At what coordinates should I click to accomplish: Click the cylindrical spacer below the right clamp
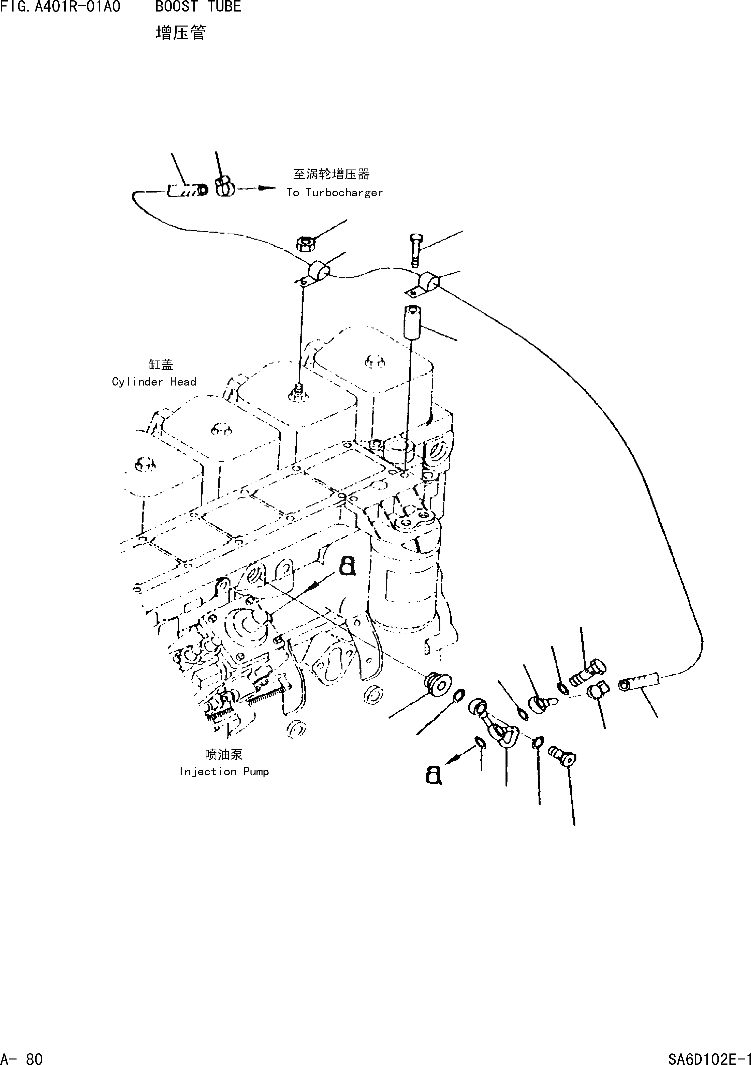411,322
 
